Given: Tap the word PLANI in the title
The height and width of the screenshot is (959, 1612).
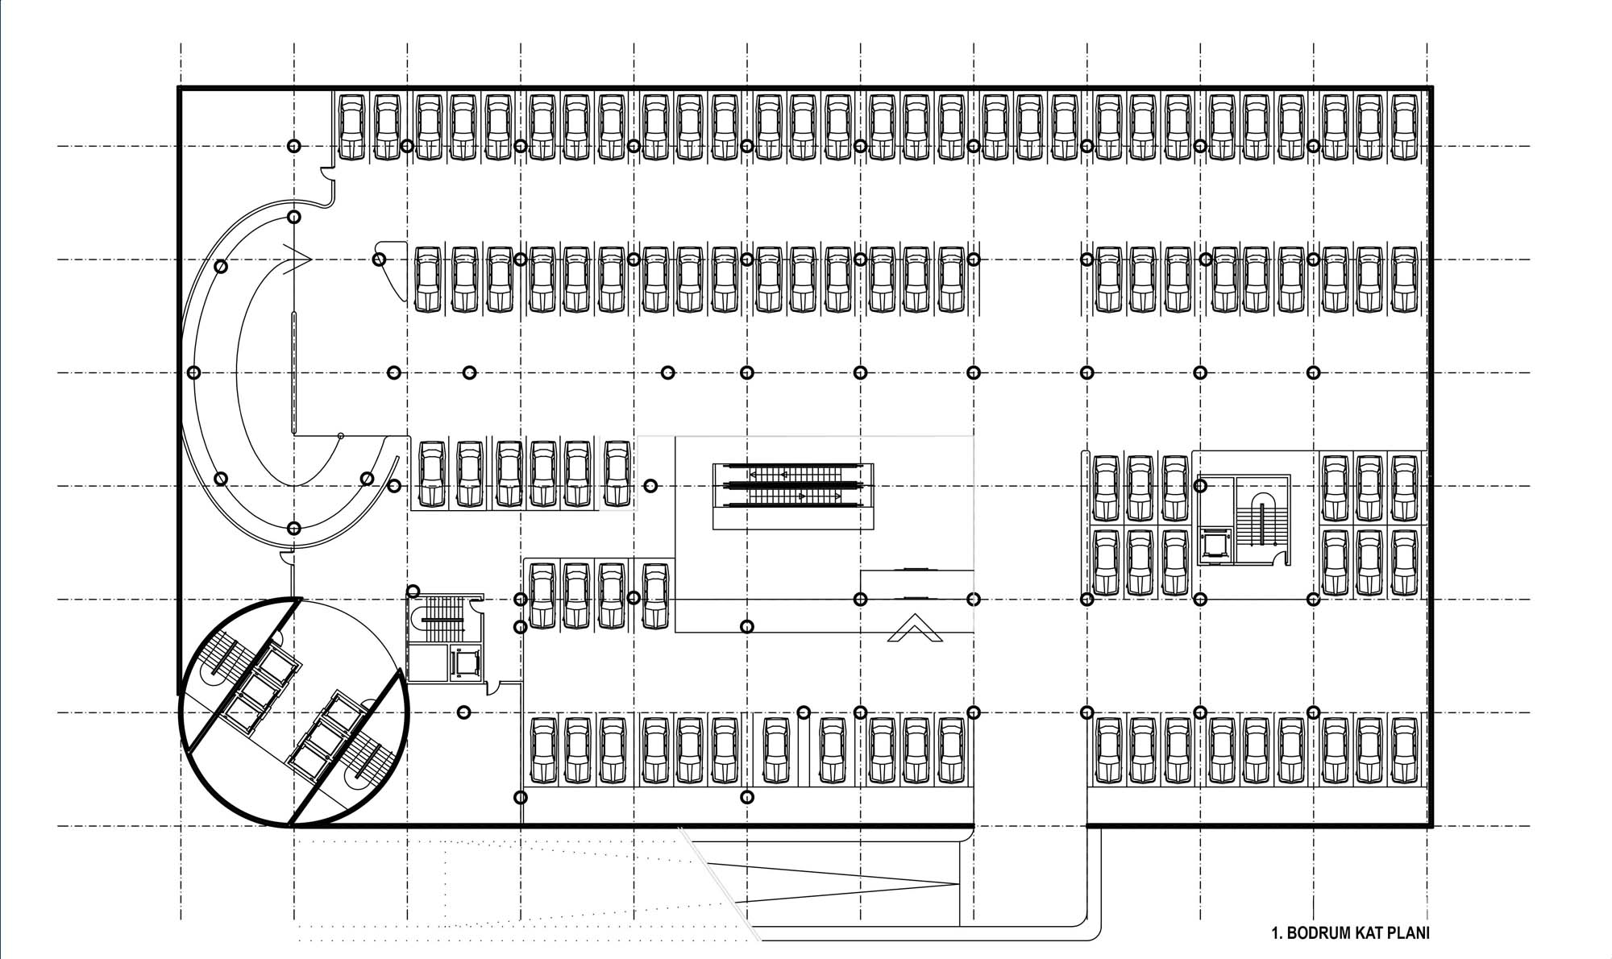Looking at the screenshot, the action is pos(1408,934).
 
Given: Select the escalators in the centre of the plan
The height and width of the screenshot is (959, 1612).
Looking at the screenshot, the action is pos(793,485).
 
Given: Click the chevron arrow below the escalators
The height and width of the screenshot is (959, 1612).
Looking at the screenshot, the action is pos(916,628).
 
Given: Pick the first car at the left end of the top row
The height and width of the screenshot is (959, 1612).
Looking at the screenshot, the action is pos(352,127).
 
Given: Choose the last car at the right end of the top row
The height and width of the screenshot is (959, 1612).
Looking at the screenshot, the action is pos(1405,127).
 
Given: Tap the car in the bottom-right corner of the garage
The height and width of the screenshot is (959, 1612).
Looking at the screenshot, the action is pos(1405,750).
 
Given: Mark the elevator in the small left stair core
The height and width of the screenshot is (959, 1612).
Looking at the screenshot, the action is pos(465,663).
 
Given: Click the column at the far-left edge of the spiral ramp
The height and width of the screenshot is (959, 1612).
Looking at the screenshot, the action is pos(193,372).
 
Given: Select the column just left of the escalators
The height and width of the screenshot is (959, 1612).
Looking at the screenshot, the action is pos(651,486).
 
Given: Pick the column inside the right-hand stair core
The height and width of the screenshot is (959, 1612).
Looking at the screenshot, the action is pos(1200,486).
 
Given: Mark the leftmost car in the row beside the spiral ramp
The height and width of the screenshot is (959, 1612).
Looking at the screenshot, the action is pos(432,473).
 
